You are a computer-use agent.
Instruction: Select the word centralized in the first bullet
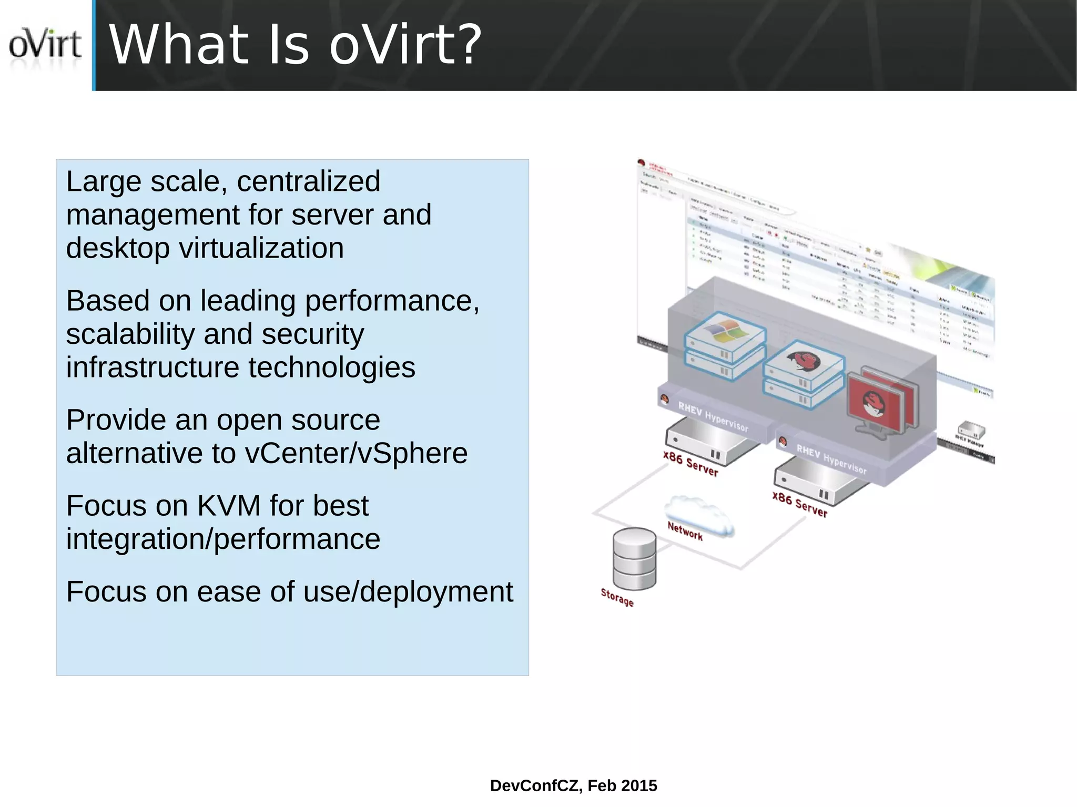[308, 182]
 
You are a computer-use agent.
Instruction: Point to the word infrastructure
[152, 367]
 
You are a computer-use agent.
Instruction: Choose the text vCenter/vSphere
[356, 453]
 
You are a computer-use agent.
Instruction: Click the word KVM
[229, 506]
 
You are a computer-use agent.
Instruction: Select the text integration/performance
[223, 539]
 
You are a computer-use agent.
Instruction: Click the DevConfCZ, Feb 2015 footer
[573, 785]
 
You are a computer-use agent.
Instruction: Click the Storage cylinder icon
[634, 558]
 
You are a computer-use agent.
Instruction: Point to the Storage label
[617, 597]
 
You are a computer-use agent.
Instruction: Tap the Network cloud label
[685, 530]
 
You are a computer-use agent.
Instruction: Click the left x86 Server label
[690, 463]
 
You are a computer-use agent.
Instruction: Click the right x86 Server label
[799, 504]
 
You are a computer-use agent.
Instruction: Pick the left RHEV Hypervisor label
[713, 416]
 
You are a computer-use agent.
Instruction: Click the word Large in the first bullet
[103, 182]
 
